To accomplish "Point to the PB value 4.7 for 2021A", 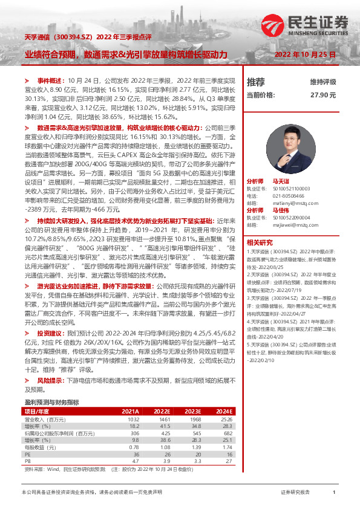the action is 136,460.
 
